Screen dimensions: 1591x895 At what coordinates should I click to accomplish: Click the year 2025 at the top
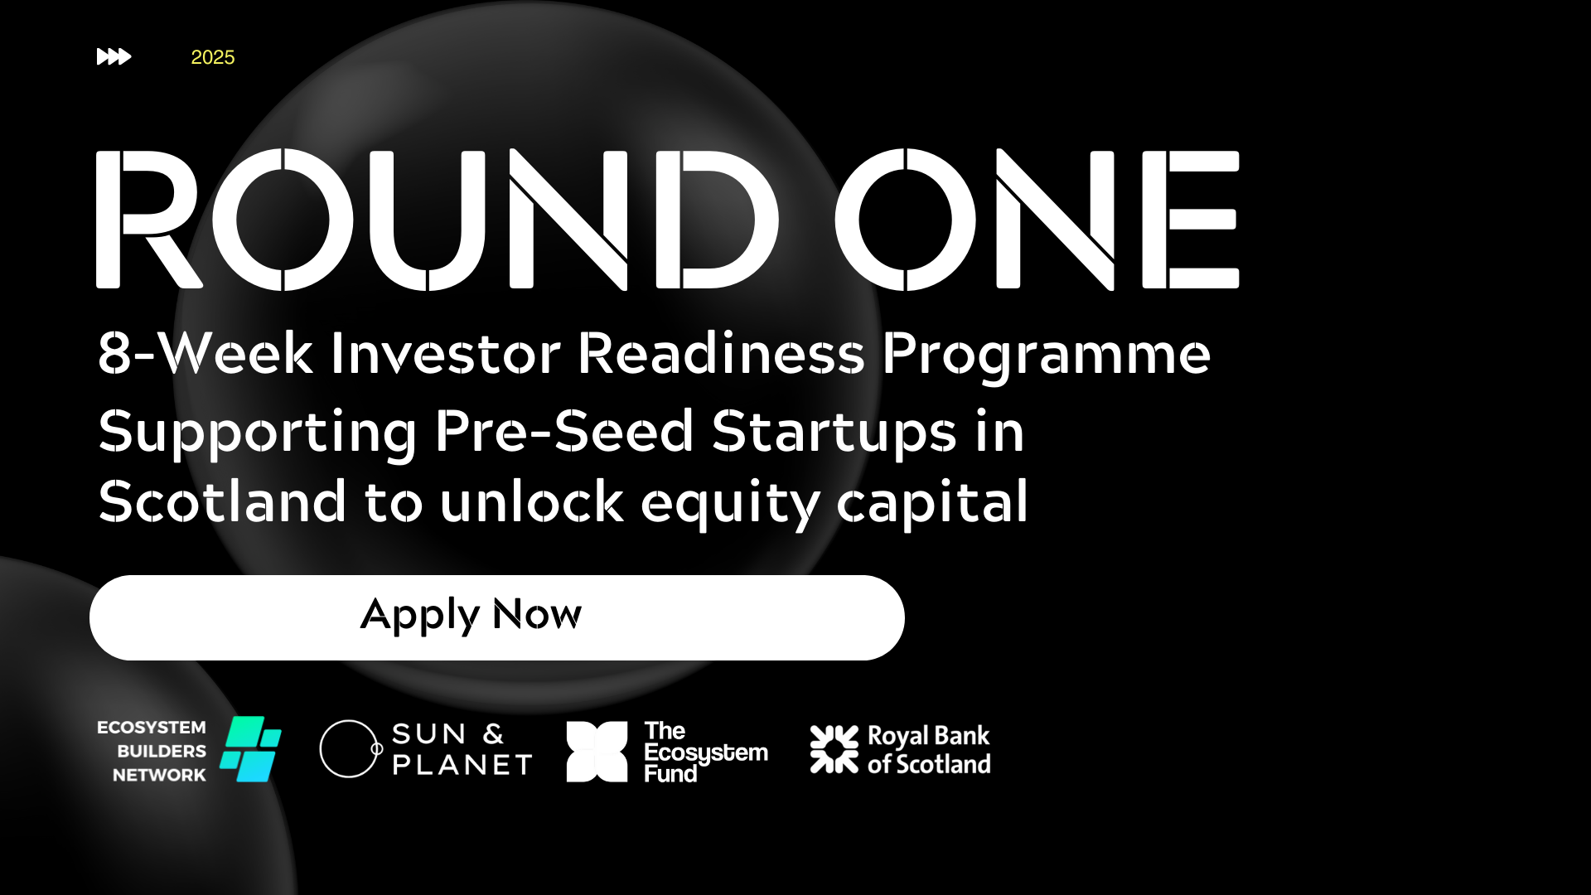213,57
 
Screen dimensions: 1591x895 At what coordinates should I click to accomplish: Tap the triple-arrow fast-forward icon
114,56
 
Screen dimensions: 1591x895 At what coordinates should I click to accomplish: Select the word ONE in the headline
1037,220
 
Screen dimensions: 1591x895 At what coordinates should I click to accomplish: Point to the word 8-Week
206,354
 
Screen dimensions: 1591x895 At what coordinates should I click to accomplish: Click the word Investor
446,354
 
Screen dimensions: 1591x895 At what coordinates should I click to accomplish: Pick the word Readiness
722,354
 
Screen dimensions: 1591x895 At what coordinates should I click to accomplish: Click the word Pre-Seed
564,431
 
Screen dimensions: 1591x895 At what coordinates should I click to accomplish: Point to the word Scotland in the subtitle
222,501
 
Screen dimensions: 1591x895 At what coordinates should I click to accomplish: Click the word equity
730,504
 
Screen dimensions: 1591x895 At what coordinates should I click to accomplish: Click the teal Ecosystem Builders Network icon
250,749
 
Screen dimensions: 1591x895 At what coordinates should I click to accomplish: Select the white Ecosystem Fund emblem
597,752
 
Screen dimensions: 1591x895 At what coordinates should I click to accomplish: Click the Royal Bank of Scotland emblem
834,749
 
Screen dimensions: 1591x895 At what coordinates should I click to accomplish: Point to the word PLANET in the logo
462,765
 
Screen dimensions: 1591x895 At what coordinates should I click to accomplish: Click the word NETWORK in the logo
159,775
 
